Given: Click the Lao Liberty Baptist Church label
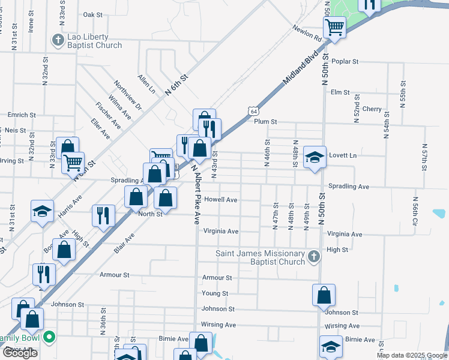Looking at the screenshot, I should click(x=95, y=41).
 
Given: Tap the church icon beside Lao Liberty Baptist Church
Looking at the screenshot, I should click(x=58, y=40).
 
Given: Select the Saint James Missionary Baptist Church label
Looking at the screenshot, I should click(x=261, y=257).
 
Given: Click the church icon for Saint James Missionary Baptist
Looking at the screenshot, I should click(x=313, y=257).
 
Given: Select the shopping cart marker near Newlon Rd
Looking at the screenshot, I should click(x=334, y=26).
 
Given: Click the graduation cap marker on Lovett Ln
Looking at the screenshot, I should click(x=315, y=157).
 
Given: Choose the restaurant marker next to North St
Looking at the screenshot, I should click(x=103, y=215).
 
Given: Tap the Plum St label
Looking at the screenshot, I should click(x=265, y=121).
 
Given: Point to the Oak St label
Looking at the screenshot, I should click(x=93, y=15).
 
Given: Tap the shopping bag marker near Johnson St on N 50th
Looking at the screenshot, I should click(x=324, y=295).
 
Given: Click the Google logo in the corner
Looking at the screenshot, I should click(x=20, y=353).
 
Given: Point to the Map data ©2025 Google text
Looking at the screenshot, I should click(x=411, y=355).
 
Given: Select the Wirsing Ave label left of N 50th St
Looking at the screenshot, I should click(x=218, y=325).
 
